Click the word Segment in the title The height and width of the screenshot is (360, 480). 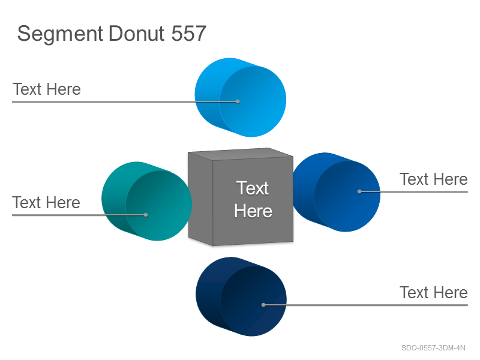(60, 34)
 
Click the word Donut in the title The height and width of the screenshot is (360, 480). (137, 33)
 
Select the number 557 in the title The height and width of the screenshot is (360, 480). (188, 33)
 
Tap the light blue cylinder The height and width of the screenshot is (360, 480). (241, 97)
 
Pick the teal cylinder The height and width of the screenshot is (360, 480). (146, 201)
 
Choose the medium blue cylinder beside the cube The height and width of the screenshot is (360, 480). (337, 192)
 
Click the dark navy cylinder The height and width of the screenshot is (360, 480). (241, 296)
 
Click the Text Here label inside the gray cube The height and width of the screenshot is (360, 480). (253, 200)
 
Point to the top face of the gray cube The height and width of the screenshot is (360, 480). (241, 154)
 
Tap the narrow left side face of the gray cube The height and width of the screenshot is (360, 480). (200, 199)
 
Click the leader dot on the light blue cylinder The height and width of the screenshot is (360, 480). (238, 101)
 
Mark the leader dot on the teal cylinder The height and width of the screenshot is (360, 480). (146, 215)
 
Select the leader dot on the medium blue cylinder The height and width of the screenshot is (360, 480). (359, 191)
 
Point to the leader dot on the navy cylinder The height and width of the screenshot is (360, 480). (263, 305)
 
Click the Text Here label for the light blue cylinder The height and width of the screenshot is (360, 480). (47, 89)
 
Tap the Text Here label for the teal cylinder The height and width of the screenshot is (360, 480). (46, 202)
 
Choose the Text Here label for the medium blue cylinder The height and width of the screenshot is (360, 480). (433, 179)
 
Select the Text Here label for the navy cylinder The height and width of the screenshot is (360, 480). (433, 292)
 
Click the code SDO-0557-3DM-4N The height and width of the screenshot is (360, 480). (433, 348)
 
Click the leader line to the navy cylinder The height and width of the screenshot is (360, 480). (365, 305)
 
